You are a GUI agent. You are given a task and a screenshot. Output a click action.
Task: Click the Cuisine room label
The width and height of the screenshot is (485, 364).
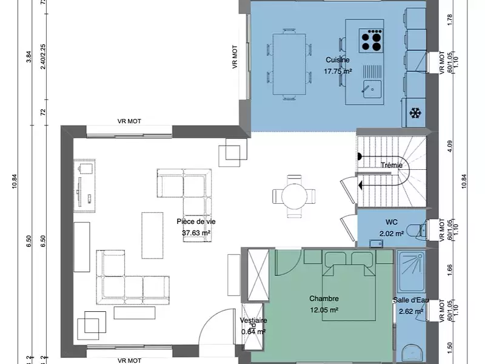coord(337,60)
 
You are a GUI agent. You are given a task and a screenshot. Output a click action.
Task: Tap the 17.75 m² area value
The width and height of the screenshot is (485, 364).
coord(338,71)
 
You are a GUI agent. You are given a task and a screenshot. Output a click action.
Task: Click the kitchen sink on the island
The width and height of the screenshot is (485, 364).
coord(371,87)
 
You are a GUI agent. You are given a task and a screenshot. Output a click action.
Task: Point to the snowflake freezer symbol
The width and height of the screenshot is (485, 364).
coord(415,113)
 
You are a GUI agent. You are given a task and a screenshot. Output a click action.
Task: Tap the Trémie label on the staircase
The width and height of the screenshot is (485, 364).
coord(392,165)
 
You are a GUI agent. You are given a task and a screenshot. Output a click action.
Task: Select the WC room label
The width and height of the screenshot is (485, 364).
coord(391,222)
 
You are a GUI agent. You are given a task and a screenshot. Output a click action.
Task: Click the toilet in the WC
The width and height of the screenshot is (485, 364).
coord(415,229)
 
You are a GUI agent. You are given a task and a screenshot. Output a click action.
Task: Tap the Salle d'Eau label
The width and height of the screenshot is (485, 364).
coord(410,300)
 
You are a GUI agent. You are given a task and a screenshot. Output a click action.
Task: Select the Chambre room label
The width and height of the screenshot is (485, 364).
coord(323,298)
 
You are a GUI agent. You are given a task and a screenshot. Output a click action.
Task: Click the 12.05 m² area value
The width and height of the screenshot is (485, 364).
coord(323,309)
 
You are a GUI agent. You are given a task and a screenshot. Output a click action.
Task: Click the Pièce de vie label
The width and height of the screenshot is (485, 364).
coord(196,221)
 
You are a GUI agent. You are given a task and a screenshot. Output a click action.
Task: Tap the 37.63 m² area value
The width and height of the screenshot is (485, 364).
coord(196,232)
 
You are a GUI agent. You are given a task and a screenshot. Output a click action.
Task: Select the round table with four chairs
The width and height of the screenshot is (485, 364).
coord(294,195)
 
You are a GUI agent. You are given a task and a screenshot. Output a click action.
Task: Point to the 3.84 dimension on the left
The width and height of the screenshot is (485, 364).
coord(28,56)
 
